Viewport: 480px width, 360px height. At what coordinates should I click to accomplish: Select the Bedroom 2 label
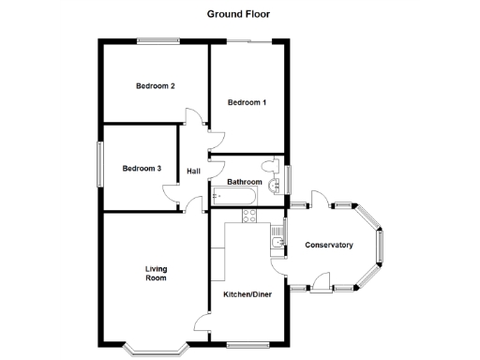pos(156,86)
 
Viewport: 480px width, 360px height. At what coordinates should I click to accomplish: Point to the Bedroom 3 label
pos(142,169)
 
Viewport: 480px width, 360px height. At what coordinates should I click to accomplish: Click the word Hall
pos(194,172)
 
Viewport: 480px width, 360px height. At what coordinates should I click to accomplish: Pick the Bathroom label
pos(244,182)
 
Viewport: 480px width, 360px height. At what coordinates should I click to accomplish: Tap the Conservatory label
pos(329,246)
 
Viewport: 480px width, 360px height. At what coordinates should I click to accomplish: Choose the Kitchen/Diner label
pos(247,295)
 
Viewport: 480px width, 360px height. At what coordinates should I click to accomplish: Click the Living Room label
pos(156,274)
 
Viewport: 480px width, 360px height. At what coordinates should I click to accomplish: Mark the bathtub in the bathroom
pos(233,197)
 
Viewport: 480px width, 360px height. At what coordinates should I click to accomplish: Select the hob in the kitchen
pos(250,217)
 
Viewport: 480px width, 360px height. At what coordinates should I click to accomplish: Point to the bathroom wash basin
pos(275,185)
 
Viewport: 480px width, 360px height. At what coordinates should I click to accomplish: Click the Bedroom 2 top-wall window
pos(157,39)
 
